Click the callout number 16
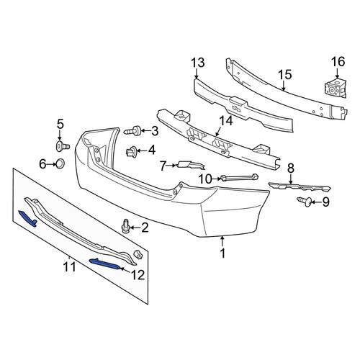(338, 62)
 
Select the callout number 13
(198, 63)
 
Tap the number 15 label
(285, 75)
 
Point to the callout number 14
(226, 121)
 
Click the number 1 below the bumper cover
(223, 253)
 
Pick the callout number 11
(69, 267)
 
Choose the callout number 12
(138, 275)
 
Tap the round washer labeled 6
(60, 164)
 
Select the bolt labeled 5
(62, 146)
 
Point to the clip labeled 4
(132, 151)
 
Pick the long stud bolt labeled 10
(240, 178)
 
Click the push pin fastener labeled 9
(305, 202)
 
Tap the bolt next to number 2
(126, 226)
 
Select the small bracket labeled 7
(191, 165)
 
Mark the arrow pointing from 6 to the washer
(51, 164)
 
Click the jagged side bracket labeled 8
(300, 186)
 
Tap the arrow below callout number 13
(197, 73)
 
